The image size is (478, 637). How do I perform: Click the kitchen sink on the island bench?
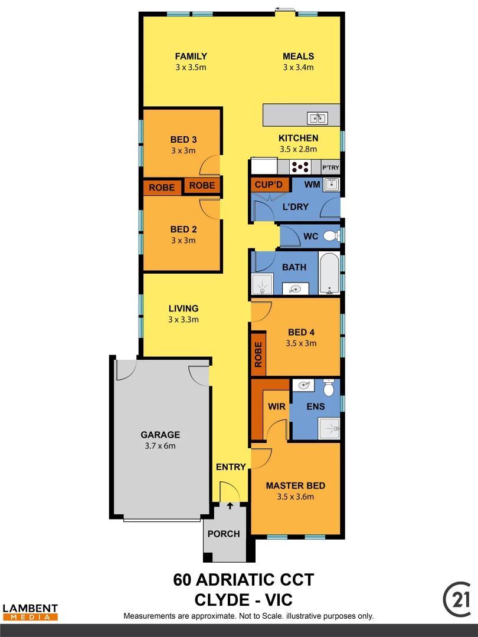[317, 119]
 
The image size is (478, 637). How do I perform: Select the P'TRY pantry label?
[330, 168]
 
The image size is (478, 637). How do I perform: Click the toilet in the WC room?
[330, 237]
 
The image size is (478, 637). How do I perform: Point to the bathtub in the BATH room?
[329, 273]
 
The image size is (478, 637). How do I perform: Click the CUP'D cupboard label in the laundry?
[269, 185]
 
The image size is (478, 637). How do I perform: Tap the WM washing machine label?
[312, 185]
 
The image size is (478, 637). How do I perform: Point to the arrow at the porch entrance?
[230, 504]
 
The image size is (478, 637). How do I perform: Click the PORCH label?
[224, 534]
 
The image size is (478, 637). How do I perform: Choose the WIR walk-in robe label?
[276, 406]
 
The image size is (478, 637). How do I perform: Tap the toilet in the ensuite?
[329, 388]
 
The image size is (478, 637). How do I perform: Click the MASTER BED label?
[295, 485]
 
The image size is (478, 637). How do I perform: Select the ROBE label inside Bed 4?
[258, 354]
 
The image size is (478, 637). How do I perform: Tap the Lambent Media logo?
[30, 612]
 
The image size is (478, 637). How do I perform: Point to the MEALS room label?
[298, 56]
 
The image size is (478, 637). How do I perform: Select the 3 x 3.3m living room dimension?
[184, 320]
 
